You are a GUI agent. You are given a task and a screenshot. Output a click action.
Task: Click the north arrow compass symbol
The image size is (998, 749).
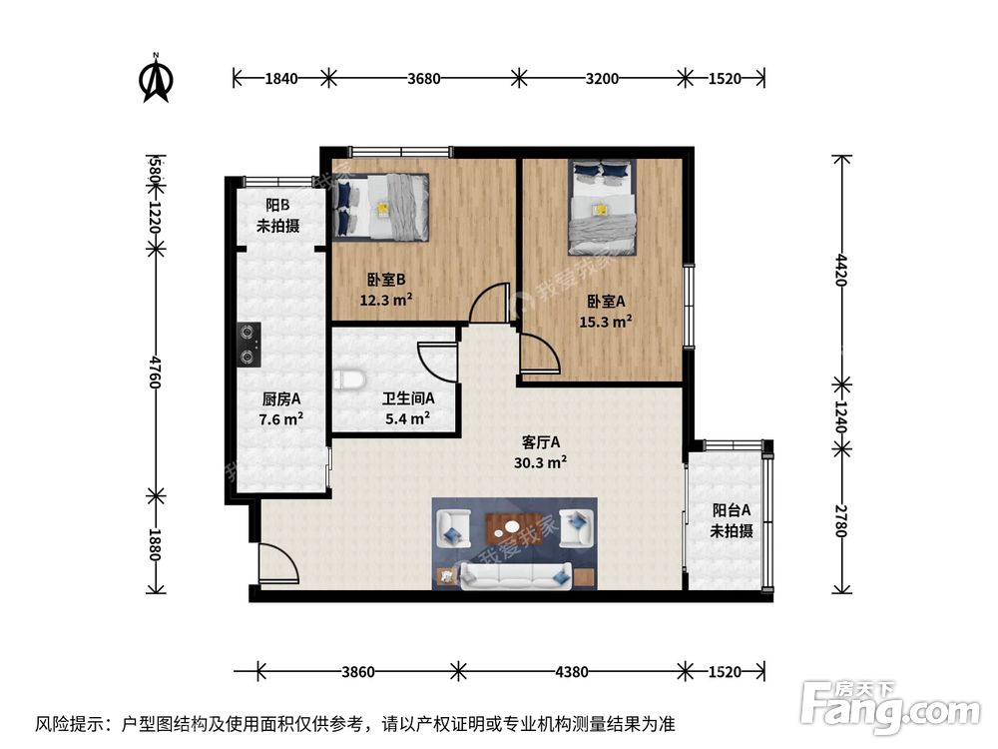(155, 78)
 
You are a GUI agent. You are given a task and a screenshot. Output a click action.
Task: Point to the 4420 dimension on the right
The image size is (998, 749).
(840, 270)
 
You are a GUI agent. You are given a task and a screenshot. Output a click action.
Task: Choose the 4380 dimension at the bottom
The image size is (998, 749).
(572, 672)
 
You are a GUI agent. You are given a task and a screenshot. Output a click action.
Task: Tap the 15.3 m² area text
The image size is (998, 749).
(606, 322)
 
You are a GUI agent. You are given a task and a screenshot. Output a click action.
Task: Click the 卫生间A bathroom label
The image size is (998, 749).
(407, 398)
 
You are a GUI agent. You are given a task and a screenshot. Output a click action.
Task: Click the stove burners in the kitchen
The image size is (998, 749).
(249, 344)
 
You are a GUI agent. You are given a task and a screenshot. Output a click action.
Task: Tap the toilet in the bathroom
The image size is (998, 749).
(347, 379)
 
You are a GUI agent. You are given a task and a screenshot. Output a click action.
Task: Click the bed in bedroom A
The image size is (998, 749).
(602, 206)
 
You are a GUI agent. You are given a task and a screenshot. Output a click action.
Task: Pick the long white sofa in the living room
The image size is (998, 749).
(515, 574)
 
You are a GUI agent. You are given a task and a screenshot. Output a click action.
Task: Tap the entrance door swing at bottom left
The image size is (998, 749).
(276, 565)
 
